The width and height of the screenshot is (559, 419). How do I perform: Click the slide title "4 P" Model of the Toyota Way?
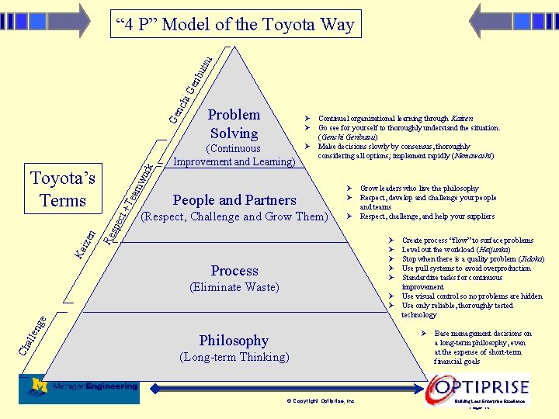pyautogui.click(x=234, y=25)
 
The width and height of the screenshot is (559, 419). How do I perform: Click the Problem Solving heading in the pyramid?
pyautogui.click(x=234, y=124)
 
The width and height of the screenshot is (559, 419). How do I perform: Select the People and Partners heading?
pyautogui.click(x=234, y=200)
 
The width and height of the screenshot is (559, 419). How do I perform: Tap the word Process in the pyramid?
pyautogui.click(x=234, y=271)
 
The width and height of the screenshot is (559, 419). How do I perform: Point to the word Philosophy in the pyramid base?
pyautogui.click(x=234, y=341)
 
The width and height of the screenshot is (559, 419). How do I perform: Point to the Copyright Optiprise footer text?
pyautogui.click(x=321, y=400)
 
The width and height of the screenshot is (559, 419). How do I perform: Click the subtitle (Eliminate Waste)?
pyautogui.click(x=234, y=288)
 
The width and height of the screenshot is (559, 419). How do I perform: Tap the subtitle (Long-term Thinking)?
pyautogui.click(x=234, y=358)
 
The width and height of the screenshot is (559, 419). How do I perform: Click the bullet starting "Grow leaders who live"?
pyautogui.click(x=419, y=189)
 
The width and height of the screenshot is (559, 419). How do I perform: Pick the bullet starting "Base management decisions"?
pyautogui.click(x=483, y=334)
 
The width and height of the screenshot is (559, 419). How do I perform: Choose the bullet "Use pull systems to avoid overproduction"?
pyautogui.click(x=466, y=268)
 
